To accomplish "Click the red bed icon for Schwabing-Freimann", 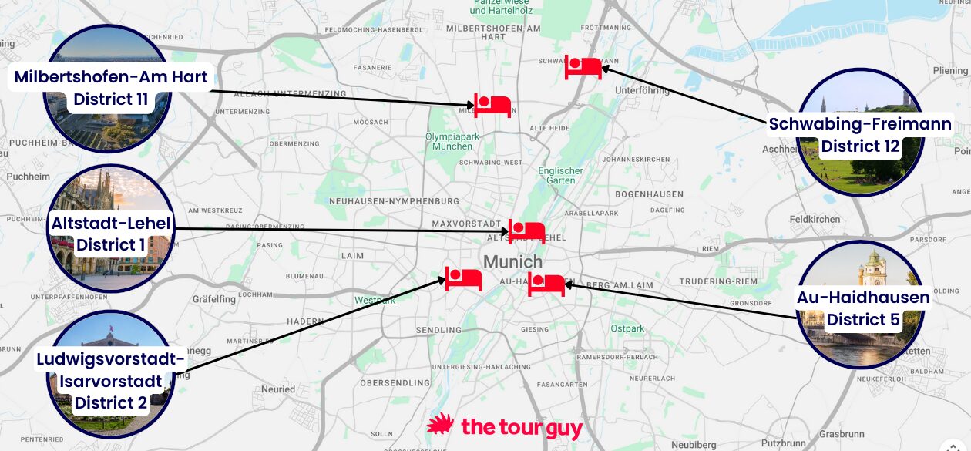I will click(x=583, y=67).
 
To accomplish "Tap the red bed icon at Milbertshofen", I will click(x=492, y=106).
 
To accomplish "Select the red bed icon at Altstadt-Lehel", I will click(x=526, y=231).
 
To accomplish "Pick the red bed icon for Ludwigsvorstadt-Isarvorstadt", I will click(x=463, y=278).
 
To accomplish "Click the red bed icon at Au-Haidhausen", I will click(x=546, y=284).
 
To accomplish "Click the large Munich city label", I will click(x=512, y=262).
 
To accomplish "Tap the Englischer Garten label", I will click(x=560, y=175).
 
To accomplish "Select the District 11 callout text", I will click(x=111, y=99).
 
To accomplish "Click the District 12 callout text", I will click(x=860, y=146).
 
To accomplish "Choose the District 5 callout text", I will click(x=863, y=319).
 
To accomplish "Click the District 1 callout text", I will click(x=111, y=245).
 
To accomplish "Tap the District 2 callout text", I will click(x=111, y=402).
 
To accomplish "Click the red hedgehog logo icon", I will click(x=440, y=426).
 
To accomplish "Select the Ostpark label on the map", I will click(x=627, y=328).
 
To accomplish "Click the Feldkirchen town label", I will click(x=815, y=220).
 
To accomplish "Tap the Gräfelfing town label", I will click(x=214, y=298).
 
